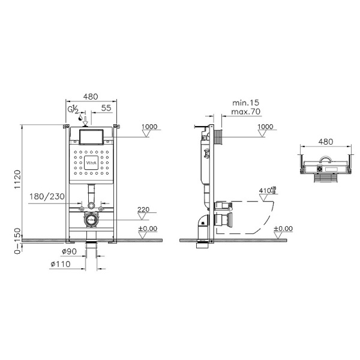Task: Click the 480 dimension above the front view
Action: tap(91, 95)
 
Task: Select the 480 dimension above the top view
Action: tap(325, 142)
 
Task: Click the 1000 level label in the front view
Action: tap(151, 127)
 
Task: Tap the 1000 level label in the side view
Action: tap(265, 127)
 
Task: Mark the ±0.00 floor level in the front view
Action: tap(147, 229)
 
